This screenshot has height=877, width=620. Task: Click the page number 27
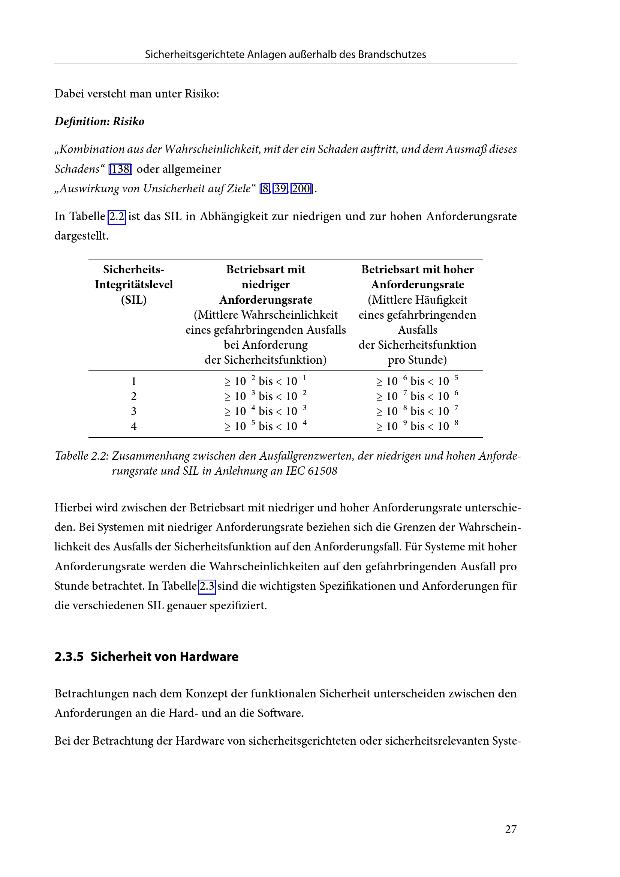click(x=511, y=829)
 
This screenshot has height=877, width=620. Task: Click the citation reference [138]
click(x=120, y=169)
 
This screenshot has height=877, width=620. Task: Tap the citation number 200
click(x=301, y=189)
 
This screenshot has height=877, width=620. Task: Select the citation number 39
click(x=280, y=189)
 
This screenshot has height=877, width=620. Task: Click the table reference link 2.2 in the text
click(x=117, y=217)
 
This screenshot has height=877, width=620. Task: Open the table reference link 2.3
click(x=207, y=586)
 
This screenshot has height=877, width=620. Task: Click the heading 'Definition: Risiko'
click(x=99, y=121)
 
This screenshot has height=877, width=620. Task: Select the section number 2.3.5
click(x=69, y=657)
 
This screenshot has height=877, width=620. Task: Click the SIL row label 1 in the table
click(x=133, y=381)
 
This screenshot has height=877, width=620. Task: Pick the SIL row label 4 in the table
click(x=133, y=426)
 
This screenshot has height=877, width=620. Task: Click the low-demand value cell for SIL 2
click(x=265, y=396)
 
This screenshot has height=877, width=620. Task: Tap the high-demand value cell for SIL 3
click(x=417, y=411)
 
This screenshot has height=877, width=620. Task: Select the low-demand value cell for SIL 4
click(x=265, y=426)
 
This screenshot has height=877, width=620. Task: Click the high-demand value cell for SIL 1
click(x=417, y=381)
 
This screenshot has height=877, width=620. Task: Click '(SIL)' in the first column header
click(x=133, y=300)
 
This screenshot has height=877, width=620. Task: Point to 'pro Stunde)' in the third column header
click(x=417, y=360)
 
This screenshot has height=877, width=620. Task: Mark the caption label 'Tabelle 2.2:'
click(x=82, y=456)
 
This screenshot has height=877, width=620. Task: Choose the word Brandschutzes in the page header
click(x=392, y=55)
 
